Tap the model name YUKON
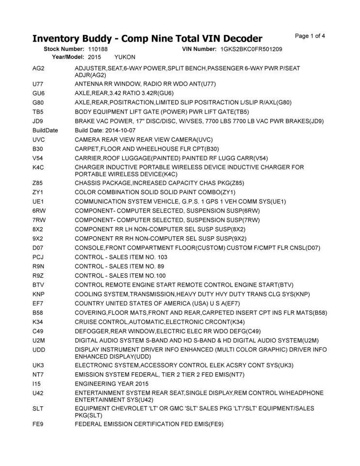(125, 57)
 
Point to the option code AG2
(38, 69)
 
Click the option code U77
(38, 84)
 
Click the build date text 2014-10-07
(120, 131)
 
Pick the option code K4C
(38, 167)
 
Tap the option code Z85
(38, 183)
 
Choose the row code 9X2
(38, 238)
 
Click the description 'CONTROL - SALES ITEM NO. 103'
(121, 257)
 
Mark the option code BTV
(38, 284)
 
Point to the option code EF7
(38, 303)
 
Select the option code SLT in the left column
(38, 409)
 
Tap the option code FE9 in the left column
(38, 424)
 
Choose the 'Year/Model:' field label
(68, 57)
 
